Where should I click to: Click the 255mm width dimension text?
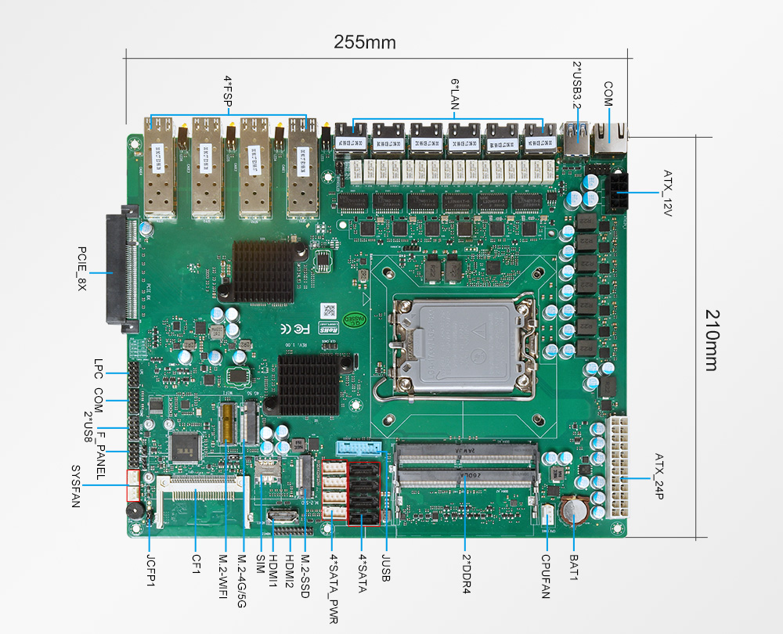tap(365, 41)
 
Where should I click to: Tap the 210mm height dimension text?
tap(711, 340)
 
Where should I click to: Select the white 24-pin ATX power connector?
tap(616, 466)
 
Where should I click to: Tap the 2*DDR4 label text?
tap(465, 575)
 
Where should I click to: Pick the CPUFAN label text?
tap(546, 577)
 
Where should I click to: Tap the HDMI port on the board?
tap(282, 517)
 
